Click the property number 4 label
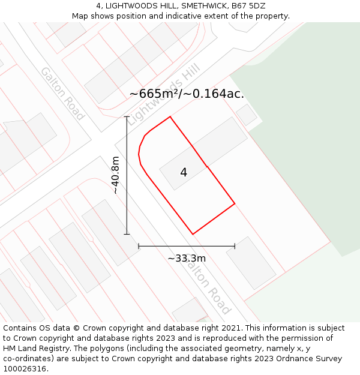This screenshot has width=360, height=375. click(x=184, y=173)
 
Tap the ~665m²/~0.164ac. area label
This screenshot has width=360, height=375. click(x=187, y=94)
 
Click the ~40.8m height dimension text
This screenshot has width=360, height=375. click(x=115, y=175)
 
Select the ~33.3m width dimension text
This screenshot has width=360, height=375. click(x=187, y=259)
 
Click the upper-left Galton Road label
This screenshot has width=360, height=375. click(x=62, y=94)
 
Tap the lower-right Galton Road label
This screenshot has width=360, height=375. click(x=208, y=284)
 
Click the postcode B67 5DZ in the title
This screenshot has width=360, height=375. click(x=248, y=6)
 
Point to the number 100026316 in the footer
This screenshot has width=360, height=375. click(x=25, y=369)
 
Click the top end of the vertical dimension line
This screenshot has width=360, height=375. click(x=127, y=116)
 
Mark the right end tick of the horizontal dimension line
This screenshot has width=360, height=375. click(x=235, y=246)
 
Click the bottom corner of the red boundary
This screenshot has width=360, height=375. click(x=193, y=234)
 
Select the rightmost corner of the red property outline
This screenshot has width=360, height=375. click(x=235, y=203)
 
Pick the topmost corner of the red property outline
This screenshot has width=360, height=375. click(x=170, y=116)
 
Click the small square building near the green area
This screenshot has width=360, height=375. click(x=246, y=115)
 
